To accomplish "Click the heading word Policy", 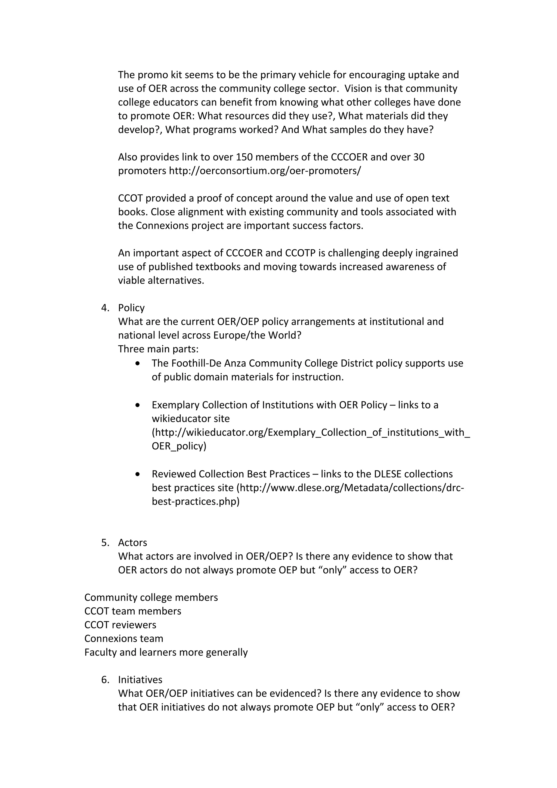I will pyautogui.click(x=131, y=308).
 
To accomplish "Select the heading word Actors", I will pyautogui.click(x=132, y=543).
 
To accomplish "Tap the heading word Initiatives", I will pyautogui.click(x=140, y=680).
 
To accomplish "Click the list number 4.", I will pyautogui.click(x=105, y=308).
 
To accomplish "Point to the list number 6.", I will pyautogui.click(x=105, y=680).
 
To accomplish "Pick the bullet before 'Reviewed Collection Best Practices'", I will pyautogui.click(x=138, y=474).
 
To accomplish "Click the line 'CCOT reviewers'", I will pyautogui.click(x=120, y=625).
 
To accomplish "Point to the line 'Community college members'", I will pyautogui.click(x=151, y=597).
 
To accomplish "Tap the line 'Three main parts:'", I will pyautogui.click(x=158, y=349).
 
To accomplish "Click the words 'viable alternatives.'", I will pyautogui.click(x=161, y=280).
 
